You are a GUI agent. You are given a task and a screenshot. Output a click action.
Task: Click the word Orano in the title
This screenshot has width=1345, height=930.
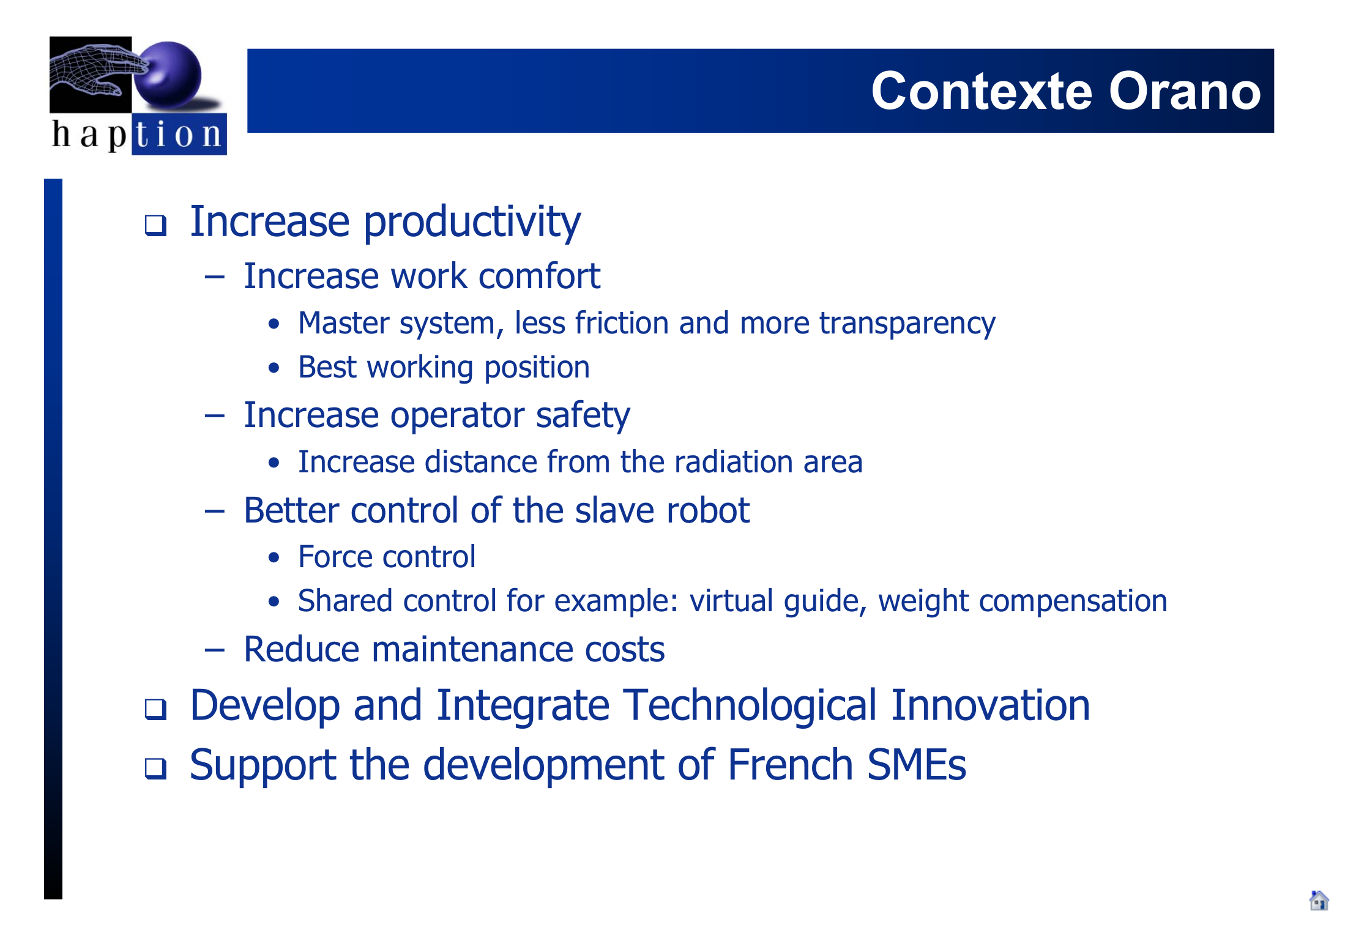coord(1185,91)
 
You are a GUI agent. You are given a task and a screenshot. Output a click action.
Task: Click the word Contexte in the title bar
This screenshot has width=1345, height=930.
coord(982,91)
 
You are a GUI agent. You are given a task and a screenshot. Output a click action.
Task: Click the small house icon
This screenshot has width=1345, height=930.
coord(1319,901)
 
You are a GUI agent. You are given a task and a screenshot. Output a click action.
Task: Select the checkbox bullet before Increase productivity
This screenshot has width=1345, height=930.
coord(155,225)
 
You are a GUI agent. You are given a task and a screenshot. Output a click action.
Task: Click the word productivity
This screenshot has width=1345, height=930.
coord(472,223)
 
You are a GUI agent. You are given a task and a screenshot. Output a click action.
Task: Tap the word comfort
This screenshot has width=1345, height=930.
coord(539,276)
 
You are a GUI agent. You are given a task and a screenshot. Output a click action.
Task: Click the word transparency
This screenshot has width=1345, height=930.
coord(907,324)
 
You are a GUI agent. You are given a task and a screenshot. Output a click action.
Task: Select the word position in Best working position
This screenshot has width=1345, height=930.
coord(537,368)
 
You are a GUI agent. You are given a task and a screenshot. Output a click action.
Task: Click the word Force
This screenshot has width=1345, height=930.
coord(335,557)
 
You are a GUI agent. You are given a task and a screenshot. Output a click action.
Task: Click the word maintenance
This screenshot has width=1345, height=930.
coord(472,649)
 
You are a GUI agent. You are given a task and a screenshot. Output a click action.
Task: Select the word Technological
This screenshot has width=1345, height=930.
coord(750,706)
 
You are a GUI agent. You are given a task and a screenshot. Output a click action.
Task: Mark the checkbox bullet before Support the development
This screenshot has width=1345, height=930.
coord(155,768)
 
